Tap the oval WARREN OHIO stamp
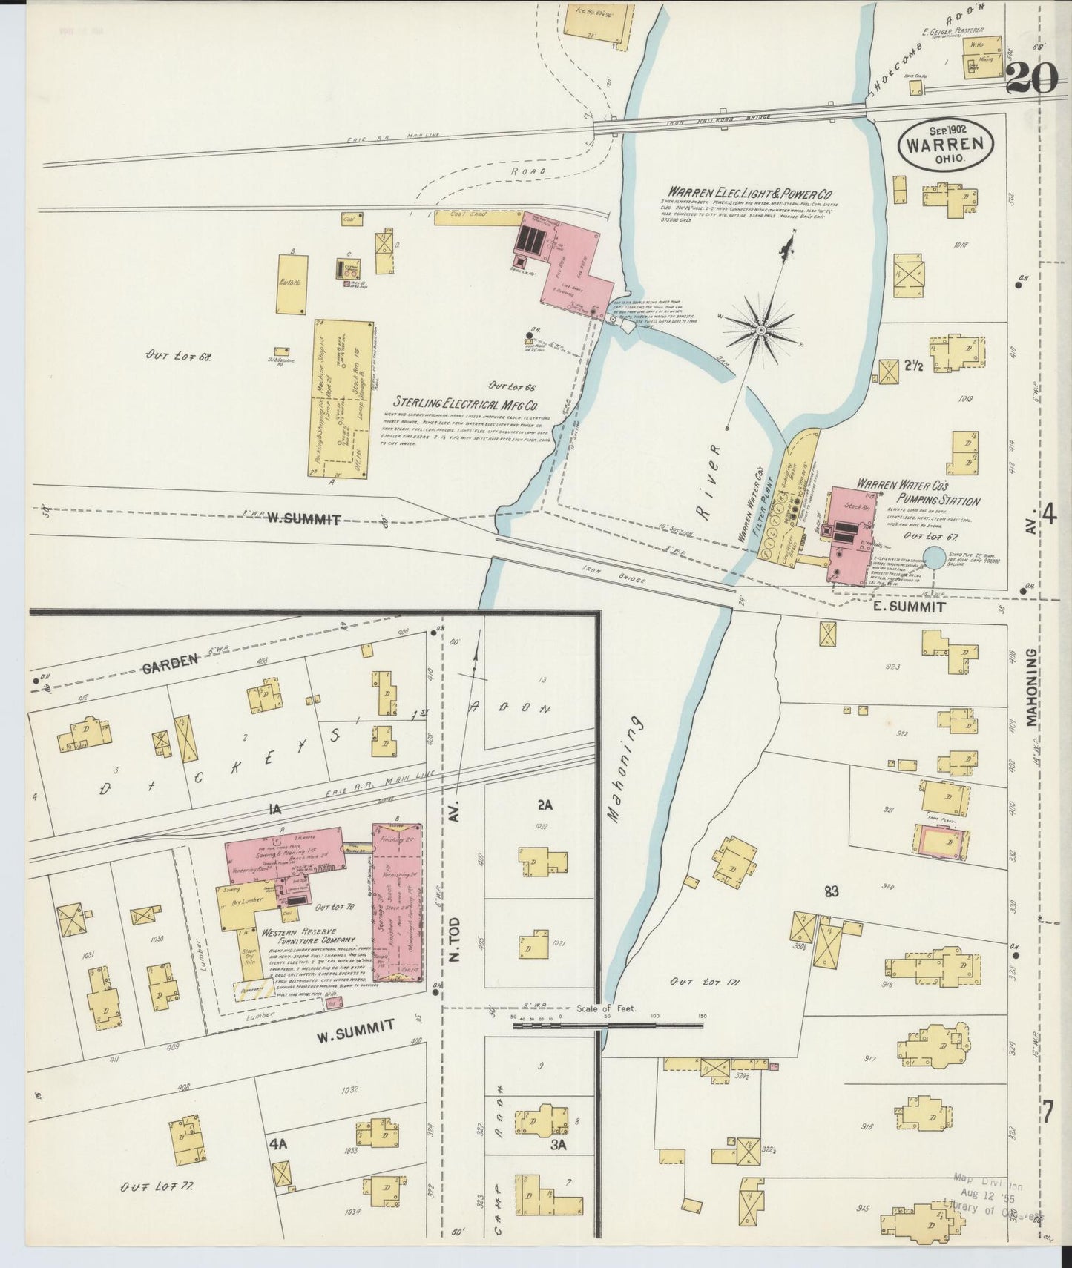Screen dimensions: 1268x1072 (x=946, y=147)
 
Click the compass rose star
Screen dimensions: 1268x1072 (x=761, y=327)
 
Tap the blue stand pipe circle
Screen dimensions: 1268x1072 (x=935, y=558)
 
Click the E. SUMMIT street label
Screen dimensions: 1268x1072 (x=908, y=607)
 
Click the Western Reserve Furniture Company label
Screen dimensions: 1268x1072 (x=299, y=939)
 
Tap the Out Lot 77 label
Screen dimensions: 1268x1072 (x=157, y=1186)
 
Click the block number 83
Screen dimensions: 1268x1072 (x=830, y=892)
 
